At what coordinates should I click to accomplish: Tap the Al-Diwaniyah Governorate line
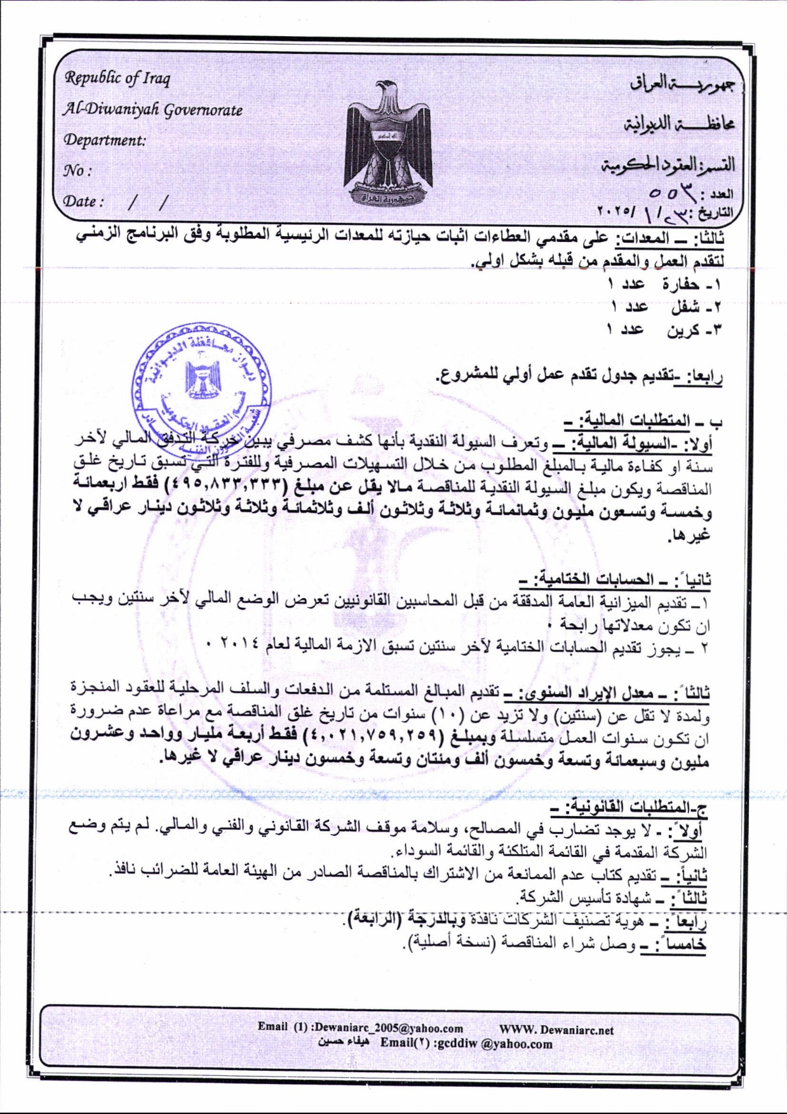click(x=152, y=109)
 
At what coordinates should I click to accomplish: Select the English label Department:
click(x=104, y=140)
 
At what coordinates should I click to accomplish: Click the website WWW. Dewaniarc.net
click(x=556, y=1030)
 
